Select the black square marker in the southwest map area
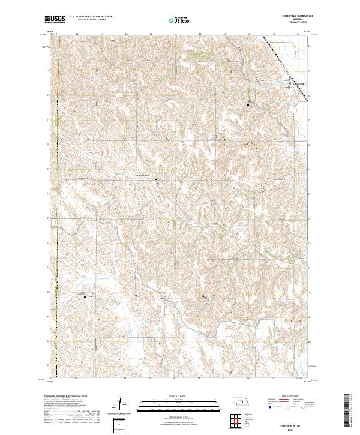click(x=85, y=296)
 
